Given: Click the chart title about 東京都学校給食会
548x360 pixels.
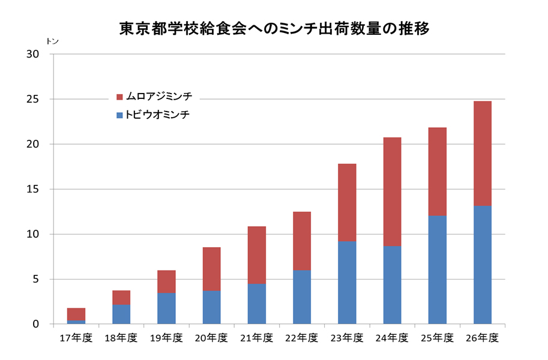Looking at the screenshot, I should tap(274, 28).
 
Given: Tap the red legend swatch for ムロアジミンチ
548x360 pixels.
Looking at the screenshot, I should tap(119, 97).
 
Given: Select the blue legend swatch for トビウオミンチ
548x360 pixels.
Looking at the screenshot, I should tap(119, 115).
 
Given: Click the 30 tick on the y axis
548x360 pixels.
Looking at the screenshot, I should tap(32, 54).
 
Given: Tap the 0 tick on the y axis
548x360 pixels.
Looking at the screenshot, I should tap(35, 324).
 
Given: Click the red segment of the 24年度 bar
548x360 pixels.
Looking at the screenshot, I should tap(392, 191).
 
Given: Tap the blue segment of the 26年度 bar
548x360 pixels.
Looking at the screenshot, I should tap(482, 265).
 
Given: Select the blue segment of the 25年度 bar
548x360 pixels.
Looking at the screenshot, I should tap(437, 269).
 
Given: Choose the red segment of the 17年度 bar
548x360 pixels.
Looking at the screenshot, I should tap(76, 314).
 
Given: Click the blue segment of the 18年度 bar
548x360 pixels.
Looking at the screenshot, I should tap(121, 314).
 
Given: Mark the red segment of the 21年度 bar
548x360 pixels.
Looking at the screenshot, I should tap(256, 255).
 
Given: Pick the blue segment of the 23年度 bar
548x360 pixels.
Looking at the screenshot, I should tap(347, 282).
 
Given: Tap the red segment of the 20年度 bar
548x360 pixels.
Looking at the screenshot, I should tap(211, 269).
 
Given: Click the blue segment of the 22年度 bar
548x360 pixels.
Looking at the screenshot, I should tap(302, 297).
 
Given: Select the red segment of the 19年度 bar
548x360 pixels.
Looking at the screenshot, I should tap(166, 281).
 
